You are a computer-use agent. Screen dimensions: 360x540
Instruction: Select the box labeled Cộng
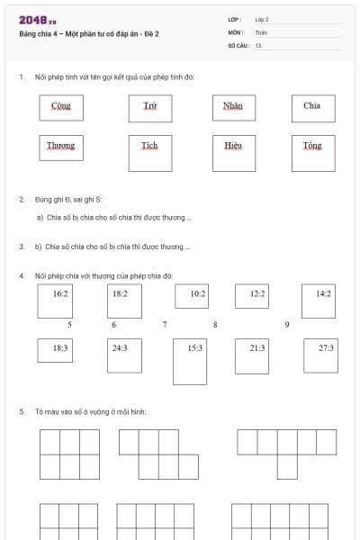pyautogui.click(x=61, y=106)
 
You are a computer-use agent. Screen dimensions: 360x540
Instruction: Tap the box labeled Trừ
pyautogui.click(x=149, y=106)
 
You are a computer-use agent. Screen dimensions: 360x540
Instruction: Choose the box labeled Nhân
pyautogui.click(x=233, y=106)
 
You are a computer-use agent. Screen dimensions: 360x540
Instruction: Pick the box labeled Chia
pyautogui.click(x=312, y=106)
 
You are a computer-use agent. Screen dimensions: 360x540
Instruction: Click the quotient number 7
pyautogui.click(x=164, y=324)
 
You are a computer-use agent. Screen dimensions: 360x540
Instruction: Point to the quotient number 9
pyautogui.click(x=286, y=324)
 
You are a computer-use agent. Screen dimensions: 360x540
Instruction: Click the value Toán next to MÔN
pyautogui.click(x=261, y=31)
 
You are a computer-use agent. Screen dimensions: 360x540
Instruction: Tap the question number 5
pyautogui.click(x=21, y=412)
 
